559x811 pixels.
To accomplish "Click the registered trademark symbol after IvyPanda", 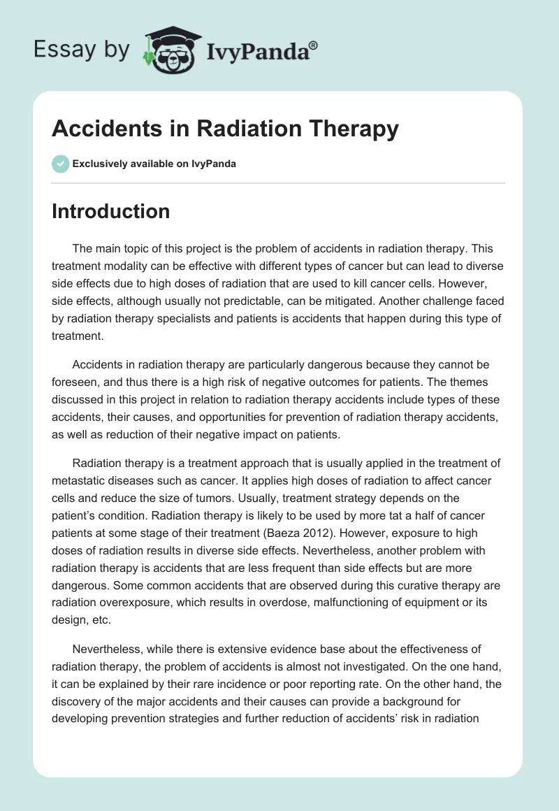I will (x=314, y=45).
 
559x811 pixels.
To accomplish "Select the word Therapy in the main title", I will (x=354, y=129).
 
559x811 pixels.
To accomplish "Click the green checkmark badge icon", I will (x=60, y=164).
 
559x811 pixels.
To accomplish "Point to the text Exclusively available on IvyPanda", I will (x=154, y=164).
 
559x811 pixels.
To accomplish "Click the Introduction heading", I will (x=110, y=211).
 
